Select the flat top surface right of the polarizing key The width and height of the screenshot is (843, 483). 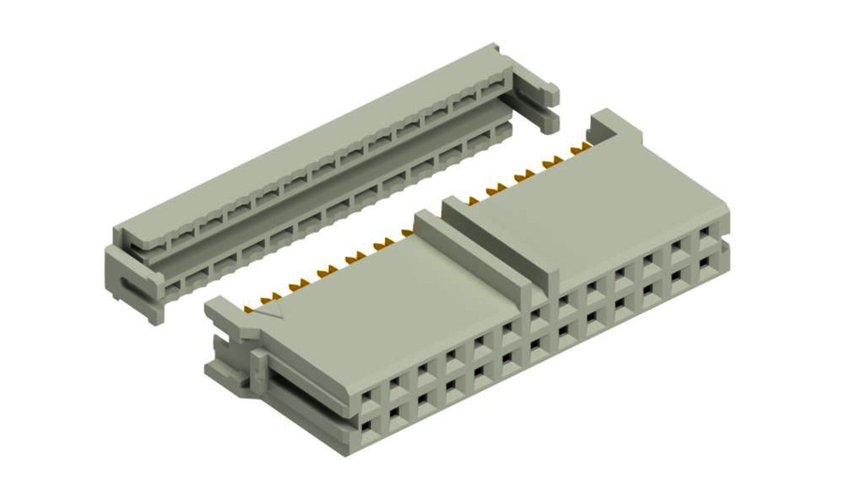click(x=599, y=206)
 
